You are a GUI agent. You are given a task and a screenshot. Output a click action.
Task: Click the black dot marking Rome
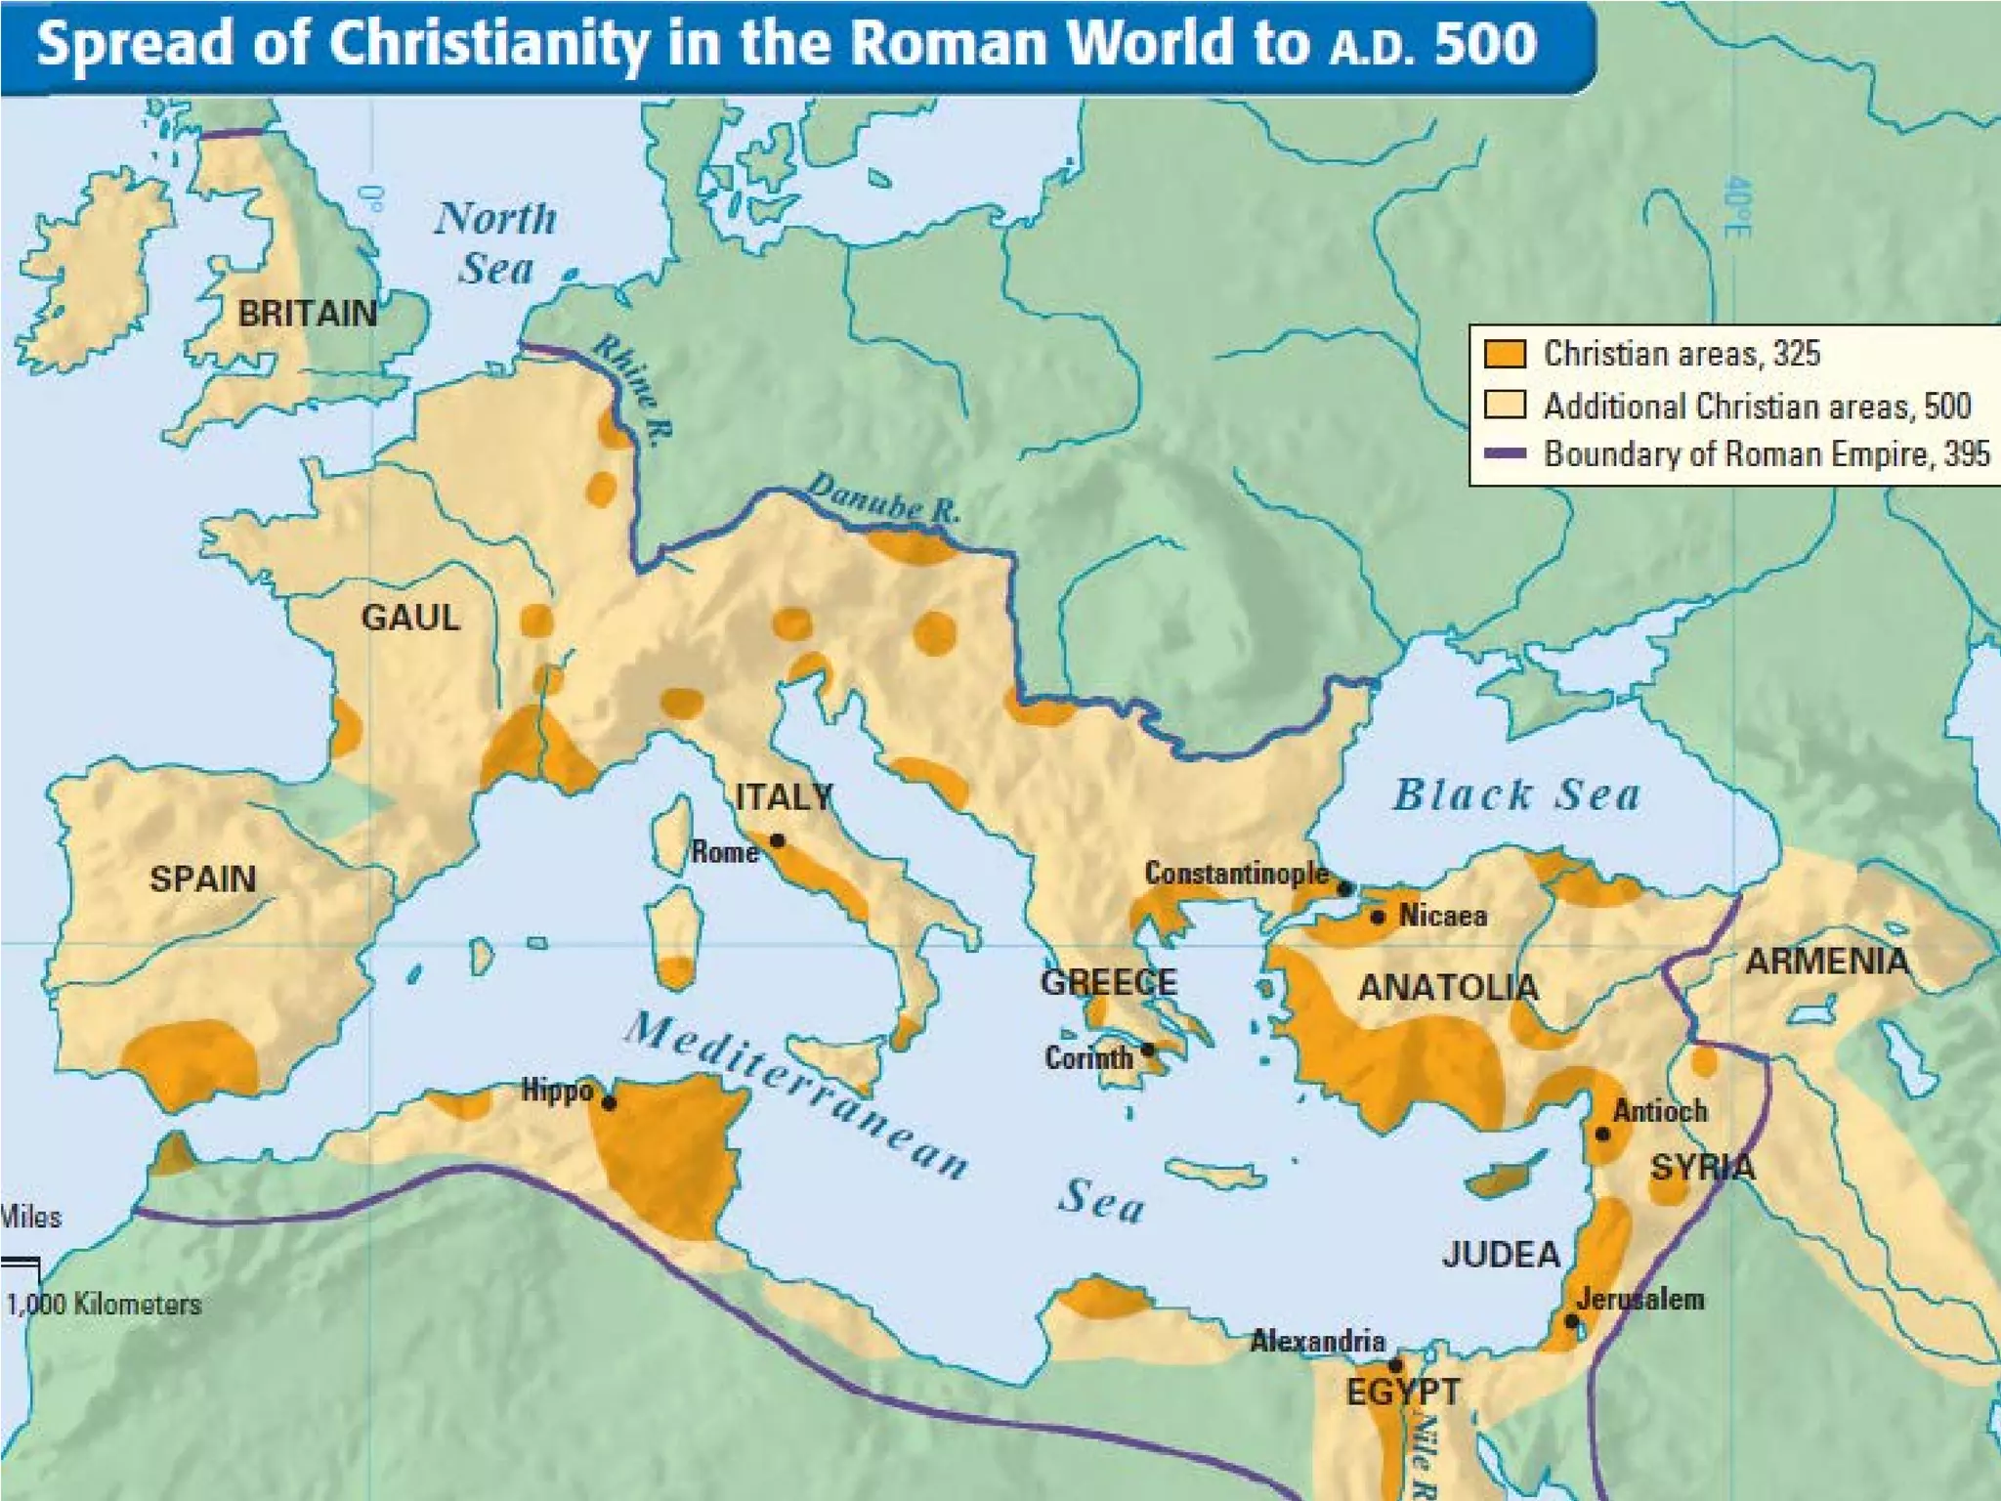click(777, 840)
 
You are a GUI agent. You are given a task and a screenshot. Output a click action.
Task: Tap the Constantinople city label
click(1236, 873)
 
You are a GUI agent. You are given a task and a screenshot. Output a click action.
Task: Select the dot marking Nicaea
click(1378, 917)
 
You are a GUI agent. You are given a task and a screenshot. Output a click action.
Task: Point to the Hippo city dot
click(609, 1103)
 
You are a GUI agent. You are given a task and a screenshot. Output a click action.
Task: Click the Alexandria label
click(1317, 1341)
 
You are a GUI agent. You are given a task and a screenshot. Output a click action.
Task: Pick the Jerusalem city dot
click(1572, 1321)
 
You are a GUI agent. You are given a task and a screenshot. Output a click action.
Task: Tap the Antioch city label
click(1660, 1111)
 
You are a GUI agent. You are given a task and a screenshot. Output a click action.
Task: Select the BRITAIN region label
click(307, 314)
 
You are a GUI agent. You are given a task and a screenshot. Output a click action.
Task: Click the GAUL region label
click(410, 618)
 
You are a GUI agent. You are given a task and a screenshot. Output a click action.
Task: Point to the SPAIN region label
click(202, 879)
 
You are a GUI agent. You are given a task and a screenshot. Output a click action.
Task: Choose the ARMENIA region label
click(1826, 962)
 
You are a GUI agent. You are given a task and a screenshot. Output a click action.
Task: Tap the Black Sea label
click(1516, 794)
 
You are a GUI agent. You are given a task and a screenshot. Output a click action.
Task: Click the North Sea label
click(496, 242)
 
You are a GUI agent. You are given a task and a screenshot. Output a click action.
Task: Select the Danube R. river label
click(883, 498)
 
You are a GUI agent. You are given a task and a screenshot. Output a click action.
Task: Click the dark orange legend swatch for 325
click(1505, 353)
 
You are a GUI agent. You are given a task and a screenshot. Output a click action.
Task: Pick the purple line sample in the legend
click(1505, 453)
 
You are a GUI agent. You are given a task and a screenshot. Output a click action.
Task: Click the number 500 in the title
click(1485, 44)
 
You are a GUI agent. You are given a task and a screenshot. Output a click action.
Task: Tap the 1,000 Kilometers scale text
click(104, 1305)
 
